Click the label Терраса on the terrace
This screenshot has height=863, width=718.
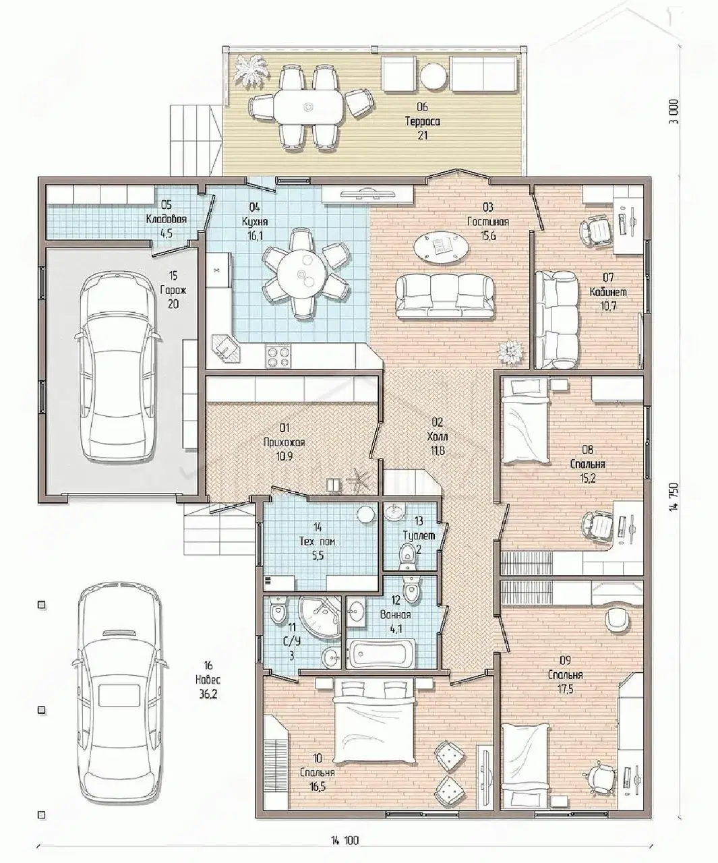(x=422, y=121)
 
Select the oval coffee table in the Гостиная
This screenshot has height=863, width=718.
(x=442, y=247)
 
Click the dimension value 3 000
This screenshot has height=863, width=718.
(x=675, y=111)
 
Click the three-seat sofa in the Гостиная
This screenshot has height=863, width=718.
(x=445, y=297)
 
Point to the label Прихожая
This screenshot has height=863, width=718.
(x=285, y=442)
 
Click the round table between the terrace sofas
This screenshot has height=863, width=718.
(x=433, y=76)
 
